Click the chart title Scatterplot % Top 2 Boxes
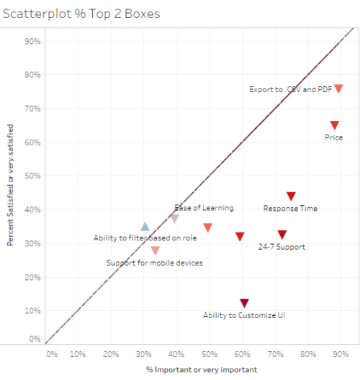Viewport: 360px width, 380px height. coord(81,14)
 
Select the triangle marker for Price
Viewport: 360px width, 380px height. coord(334,126)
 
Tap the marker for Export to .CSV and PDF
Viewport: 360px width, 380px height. coord(338,89)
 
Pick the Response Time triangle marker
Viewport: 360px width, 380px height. coord(291,196)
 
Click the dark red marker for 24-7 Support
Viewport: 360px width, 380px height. coord(282,235)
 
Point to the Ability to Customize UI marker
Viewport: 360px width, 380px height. coord(244,303)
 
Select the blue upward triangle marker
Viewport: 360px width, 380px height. coord(145,227)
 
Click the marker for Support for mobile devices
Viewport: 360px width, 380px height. coord(155,250)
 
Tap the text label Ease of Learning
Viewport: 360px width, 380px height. coord(204,208)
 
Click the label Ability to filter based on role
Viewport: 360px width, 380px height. coord(145,237)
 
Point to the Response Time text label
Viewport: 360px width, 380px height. coord(290,209)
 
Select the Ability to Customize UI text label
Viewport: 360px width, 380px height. coord(244,315)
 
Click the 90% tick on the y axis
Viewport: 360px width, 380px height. coord(32,41)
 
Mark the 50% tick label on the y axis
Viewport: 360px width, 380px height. coord(32,176)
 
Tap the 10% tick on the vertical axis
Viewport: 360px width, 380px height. coord(32,311)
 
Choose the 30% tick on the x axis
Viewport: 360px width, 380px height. coord(144,354)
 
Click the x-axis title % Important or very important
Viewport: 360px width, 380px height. coord(192,370)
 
